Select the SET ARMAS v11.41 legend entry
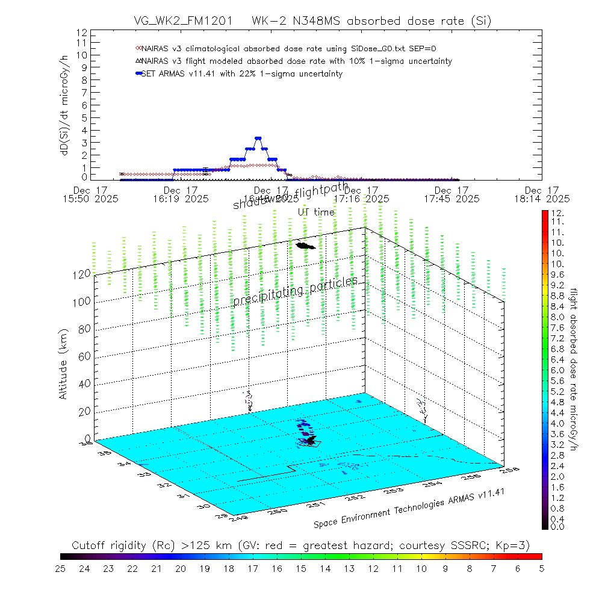point(241,74)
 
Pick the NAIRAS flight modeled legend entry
point(295,61)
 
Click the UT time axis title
point(315,212)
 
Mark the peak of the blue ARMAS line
point(258,138)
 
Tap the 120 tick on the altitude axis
point(82,274)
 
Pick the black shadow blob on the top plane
point(305,245)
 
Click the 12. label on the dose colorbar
point(556,214)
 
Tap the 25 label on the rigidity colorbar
point(61,568)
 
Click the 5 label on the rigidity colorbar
point(541,568)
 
